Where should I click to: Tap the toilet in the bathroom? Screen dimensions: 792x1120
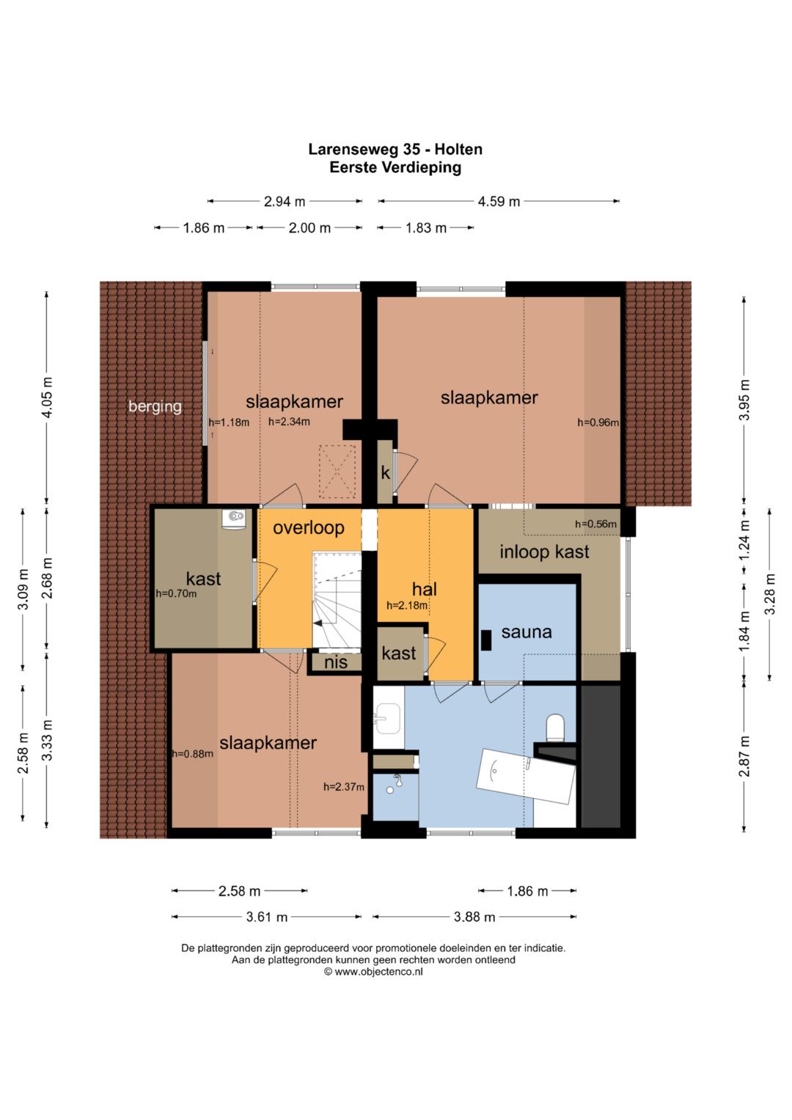tap(555, 727)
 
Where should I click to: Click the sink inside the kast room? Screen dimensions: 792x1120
tap(234, 518)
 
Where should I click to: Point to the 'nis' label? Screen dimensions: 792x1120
tap(336, 662)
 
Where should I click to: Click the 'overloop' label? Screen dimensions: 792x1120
tap(309, 527)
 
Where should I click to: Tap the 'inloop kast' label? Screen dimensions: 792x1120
tap(544, 552)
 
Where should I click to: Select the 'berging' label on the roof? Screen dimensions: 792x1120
tap(155, 406)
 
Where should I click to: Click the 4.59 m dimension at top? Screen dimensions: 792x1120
tap(499, 202)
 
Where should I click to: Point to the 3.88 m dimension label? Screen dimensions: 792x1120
tap(474, 917)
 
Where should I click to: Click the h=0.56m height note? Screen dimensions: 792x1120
tap(595, 524)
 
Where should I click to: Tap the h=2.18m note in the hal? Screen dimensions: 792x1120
tap(407, 606)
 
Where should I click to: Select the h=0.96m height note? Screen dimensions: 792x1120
tap(598, 422)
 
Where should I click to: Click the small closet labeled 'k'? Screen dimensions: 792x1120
tap(385, 472)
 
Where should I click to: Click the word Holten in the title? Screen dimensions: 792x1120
tap(458, 149)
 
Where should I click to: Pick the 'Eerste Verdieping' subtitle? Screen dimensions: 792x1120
tap(395, 167)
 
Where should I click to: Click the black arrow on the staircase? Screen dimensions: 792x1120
tap(318, 623)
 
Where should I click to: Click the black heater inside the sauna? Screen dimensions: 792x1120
tap(485, 640)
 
